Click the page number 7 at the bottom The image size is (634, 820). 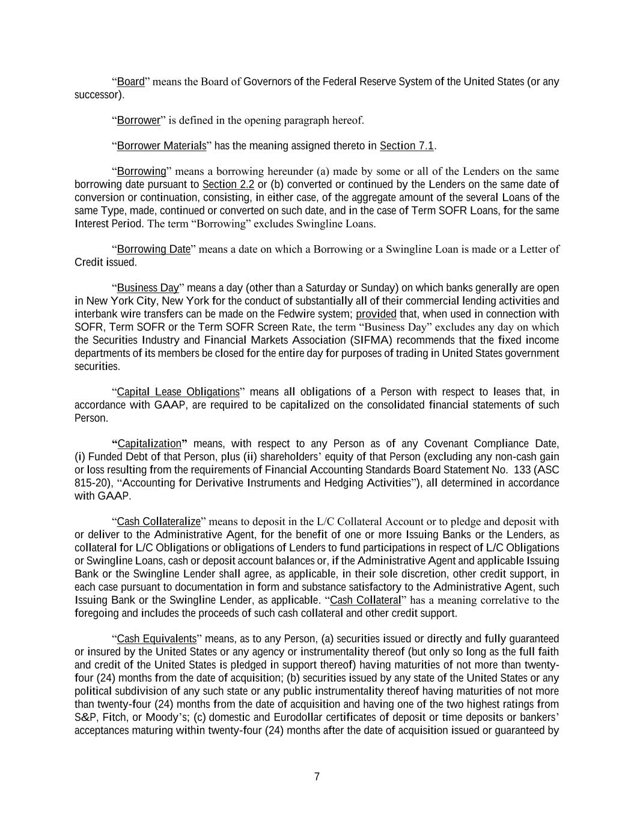[x=317, y=777]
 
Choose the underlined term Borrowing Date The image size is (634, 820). [x=153, y=249]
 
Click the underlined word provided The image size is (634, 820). [x=376, y=314]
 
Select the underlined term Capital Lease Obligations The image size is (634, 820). [x=178, y=392]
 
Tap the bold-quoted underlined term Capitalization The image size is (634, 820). [x=149, y=444]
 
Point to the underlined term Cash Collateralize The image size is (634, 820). [x=158, y=521]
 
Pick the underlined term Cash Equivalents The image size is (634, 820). [x=156, y=639]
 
